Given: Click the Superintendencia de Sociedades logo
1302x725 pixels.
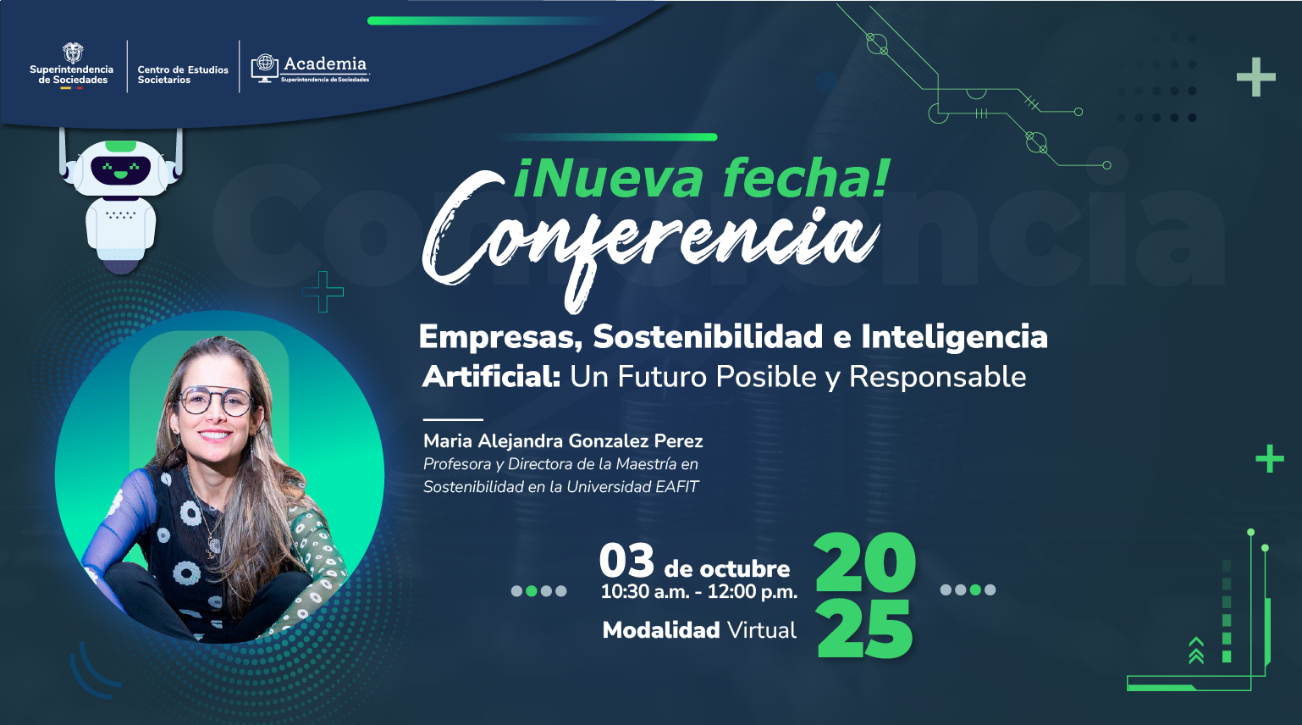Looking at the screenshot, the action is [71, 66].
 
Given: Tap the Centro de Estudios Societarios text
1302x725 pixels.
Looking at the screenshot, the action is [183, 75].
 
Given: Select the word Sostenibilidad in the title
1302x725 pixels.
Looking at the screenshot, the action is [708, 336].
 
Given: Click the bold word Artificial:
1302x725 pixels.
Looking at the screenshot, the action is [491, 377].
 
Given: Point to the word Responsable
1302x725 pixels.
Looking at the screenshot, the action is [937, 378].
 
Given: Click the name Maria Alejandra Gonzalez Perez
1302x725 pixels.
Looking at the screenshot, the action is [563, 441].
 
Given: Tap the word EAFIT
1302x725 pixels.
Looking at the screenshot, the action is [676, 487].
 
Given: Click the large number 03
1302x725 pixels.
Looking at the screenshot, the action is [626, 561].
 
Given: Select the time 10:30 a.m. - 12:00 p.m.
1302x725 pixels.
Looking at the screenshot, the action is [698, 592].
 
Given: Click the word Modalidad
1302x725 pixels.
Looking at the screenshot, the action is [661, 630].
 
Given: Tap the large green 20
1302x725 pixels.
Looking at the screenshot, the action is [865, 562].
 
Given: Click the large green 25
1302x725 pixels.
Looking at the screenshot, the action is [865, 629].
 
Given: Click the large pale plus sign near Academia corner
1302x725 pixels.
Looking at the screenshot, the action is [1255, 77].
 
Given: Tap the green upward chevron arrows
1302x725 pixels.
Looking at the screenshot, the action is [1195, 650].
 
